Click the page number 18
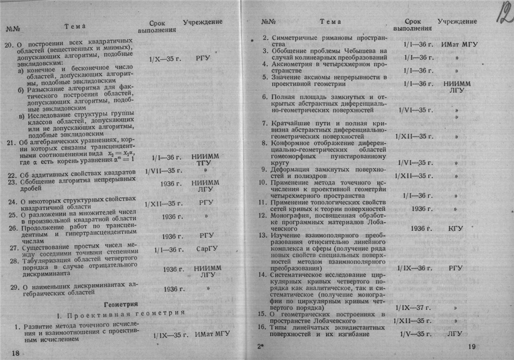coord(15,353)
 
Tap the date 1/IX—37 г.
coord(414,307)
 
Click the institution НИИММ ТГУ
coord(206,161)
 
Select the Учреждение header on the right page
coord(457,21)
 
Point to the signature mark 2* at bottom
coord(260,346)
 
